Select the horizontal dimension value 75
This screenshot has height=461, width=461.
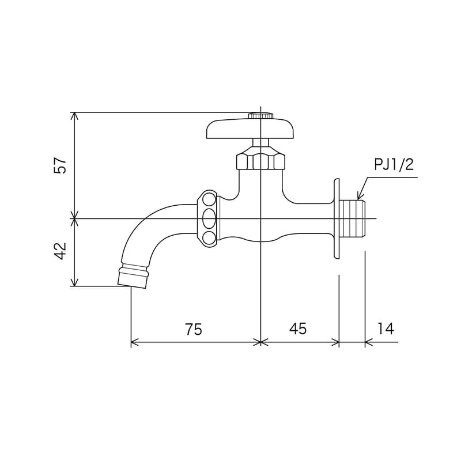(194, 329)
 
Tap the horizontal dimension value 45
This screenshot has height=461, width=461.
(298, 329)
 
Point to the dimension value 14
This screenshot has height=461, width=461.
(386, 329)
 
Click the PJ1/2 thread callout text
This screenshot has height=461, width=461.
(394, 165)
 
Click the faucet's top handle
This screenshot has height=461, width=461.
(251, 129)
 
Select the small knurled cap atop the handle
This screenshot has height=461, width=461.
(260, 116)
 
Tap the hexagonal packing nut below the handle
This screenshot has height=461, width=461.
(260, 160)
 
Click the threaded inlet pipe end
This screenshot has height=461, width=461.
(353, 219)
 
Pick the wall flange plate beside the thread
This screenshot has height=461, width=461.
(335, 219)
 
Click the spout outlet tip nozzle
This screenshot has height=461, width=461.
(133, 277)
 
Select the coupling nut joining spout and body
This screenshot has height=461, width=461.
(209, 219)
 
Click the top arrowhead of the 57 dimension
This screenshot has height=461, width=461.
(74, 116)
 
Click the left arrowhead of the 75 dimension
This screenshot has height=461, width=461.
(135, 343)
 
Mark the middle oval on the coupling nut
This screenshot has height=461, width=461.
(209, 219)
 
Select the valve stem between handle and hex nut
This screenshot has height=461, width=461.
(260, 143)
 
